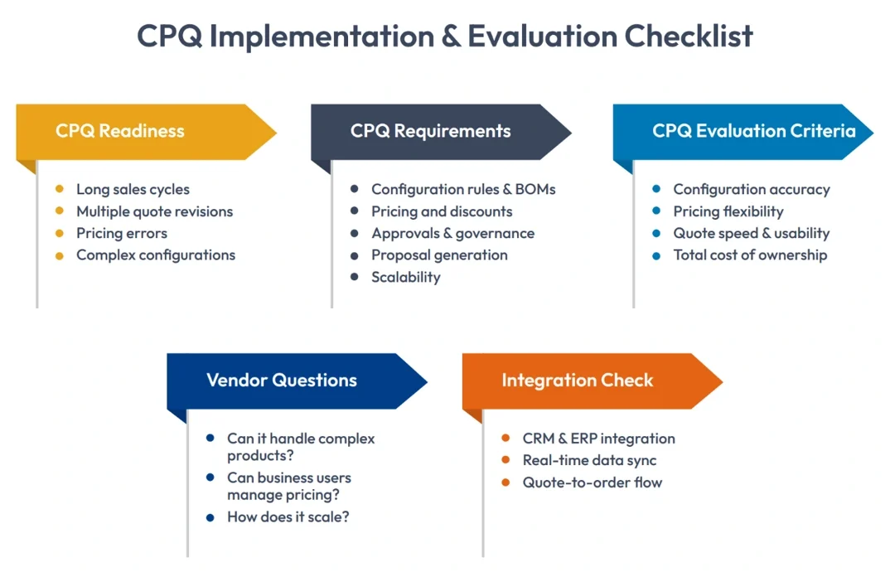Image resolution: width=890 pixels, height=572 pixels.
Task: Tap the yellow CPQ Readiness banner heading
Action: pos(120,131)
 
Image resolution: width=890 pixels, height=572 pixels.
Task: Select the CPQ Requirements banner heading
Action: pos(430,131)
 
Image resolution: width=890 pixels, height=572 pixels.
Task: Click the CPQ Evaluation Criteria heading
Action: pos(753,131)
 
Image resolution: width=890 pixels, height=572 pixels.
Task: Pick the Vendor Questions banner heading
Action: pos(281,381)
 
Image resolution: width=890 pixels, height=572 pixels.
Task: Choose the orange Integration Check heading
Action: pos(577,381)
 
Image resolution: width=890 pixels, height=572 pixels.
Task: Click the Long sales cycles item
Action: pos(133,190)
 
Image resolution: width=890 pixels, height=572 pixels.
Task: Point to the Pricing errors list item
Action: pos(122,234)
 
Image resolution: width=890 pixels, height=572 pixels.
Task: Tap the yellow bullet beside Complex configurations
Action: pos(60,255)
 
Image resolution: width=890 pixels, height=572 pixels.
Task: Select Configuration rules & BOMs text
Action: pos(463,190)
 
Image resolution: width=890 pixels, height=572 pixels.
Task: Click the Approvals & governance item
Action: pos(452,234)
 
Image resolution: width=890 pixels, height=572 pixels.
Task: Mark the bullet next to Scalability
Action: pos(355,277)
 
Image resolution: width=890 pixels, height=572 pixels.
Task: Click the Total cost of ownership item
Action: pos(750,255)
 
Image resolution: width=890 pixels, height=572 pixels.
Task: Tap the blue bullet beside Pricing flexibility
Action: pos(656,211)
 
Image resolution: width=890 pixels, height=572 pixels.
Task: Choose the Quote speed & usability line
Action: pos(751,234)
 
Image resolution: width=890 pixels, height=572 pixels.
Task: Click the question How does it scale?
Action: pos(288,517)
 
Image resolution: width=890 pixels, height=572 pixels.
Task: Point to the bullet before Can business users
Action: pos(210,478)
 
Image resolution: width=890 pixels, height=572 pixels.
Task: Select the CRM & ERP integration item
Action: pos(598,439)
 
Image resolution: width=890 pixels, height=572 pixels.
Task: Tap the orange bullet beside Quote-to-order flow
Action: pos(505,482)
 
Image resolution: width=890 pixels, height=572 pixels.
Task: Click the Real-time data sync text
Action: pos(589,461)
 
